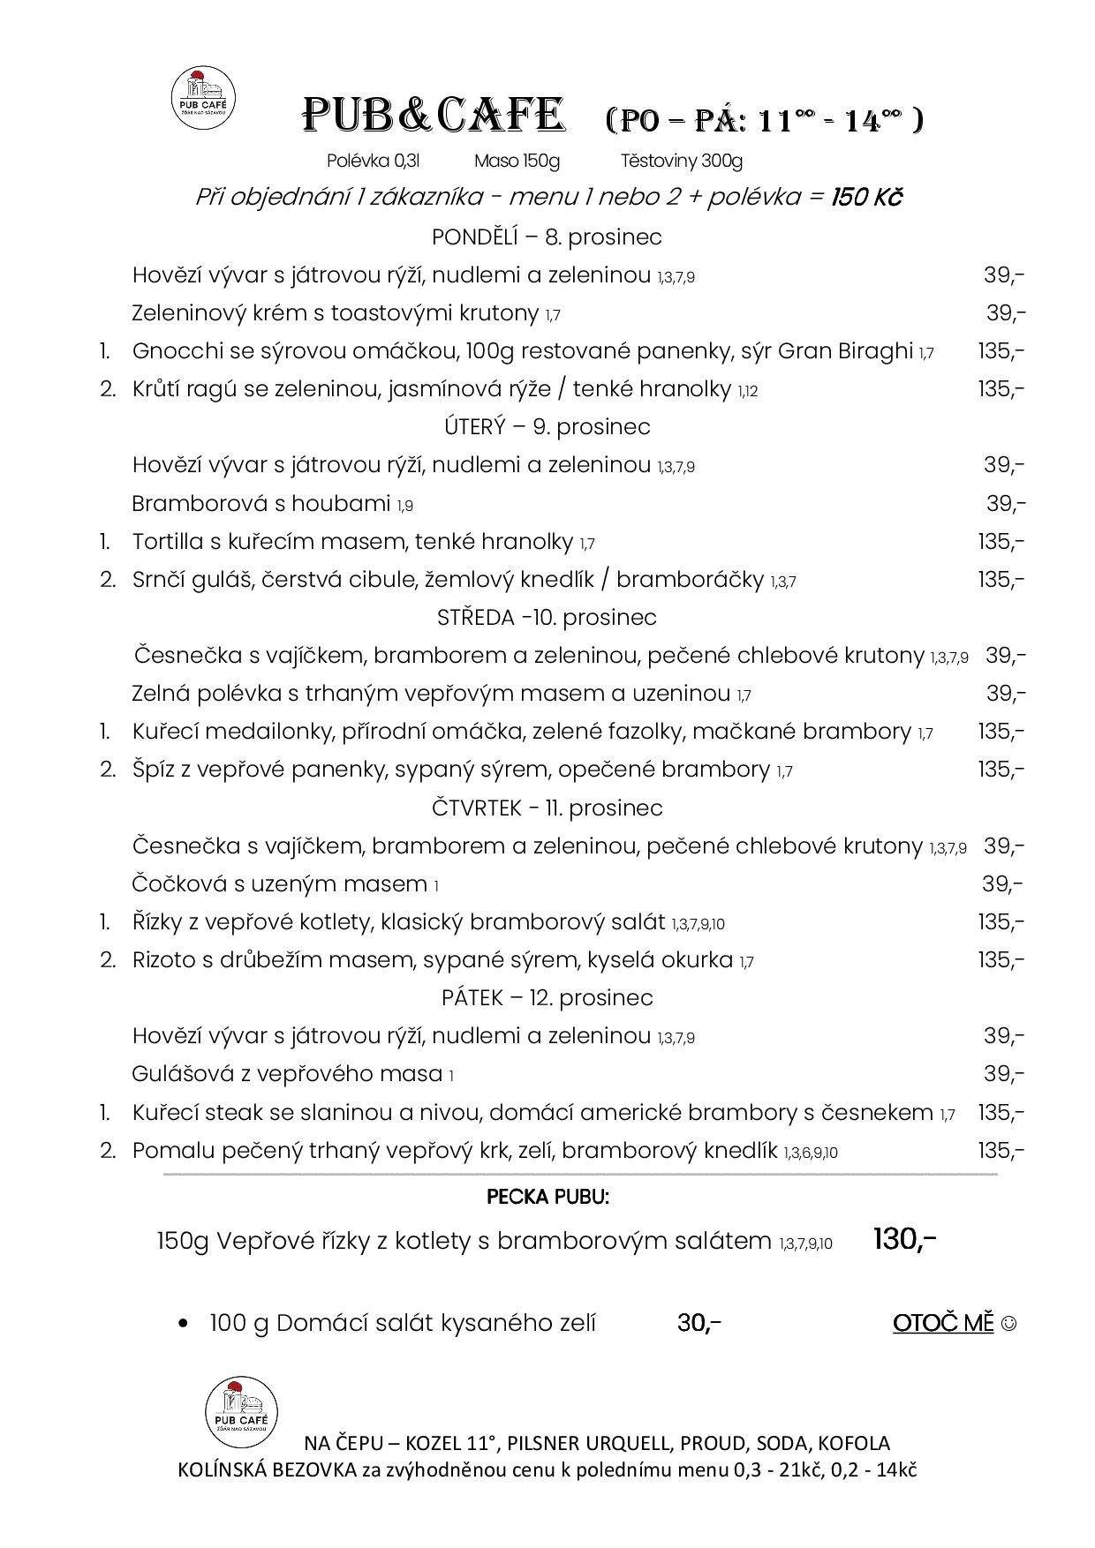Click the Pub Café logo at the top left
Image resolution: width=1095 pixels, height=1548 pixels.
203,98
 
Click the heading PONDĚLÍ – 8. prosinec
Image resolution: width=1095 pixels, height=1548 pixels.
547,237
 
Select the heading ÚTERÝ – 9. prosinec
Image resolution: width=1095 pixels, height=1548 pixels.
547,427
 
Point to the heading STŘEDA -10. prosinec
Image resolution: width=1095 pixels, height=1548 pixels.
547,617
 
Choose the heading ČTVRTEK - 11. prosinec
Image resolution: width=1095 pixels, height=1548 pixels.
547,808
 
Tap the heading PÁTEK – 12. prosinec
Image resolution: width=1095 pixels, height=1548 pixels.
547,997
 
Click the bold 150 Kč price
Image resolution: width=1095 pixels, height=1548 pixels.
865,197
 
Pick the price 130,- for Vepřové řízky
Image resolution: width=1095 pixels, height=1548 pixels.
904,1240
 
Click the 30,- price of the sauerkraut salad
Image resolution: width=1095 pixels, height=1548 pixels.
699,1323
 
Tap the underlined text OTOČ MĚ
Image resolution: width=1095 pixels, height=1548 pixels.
943,1323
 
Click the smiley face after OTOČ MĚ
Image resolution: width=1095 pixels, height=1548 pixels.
1009,1324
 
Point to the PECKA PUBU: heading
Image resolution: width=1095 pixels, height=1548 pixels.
547,1198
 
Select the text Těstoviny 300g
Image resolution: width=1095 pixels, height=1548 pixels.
681,161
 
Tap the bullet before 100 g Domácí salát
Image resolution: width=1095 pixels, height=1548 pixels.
184,1324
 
